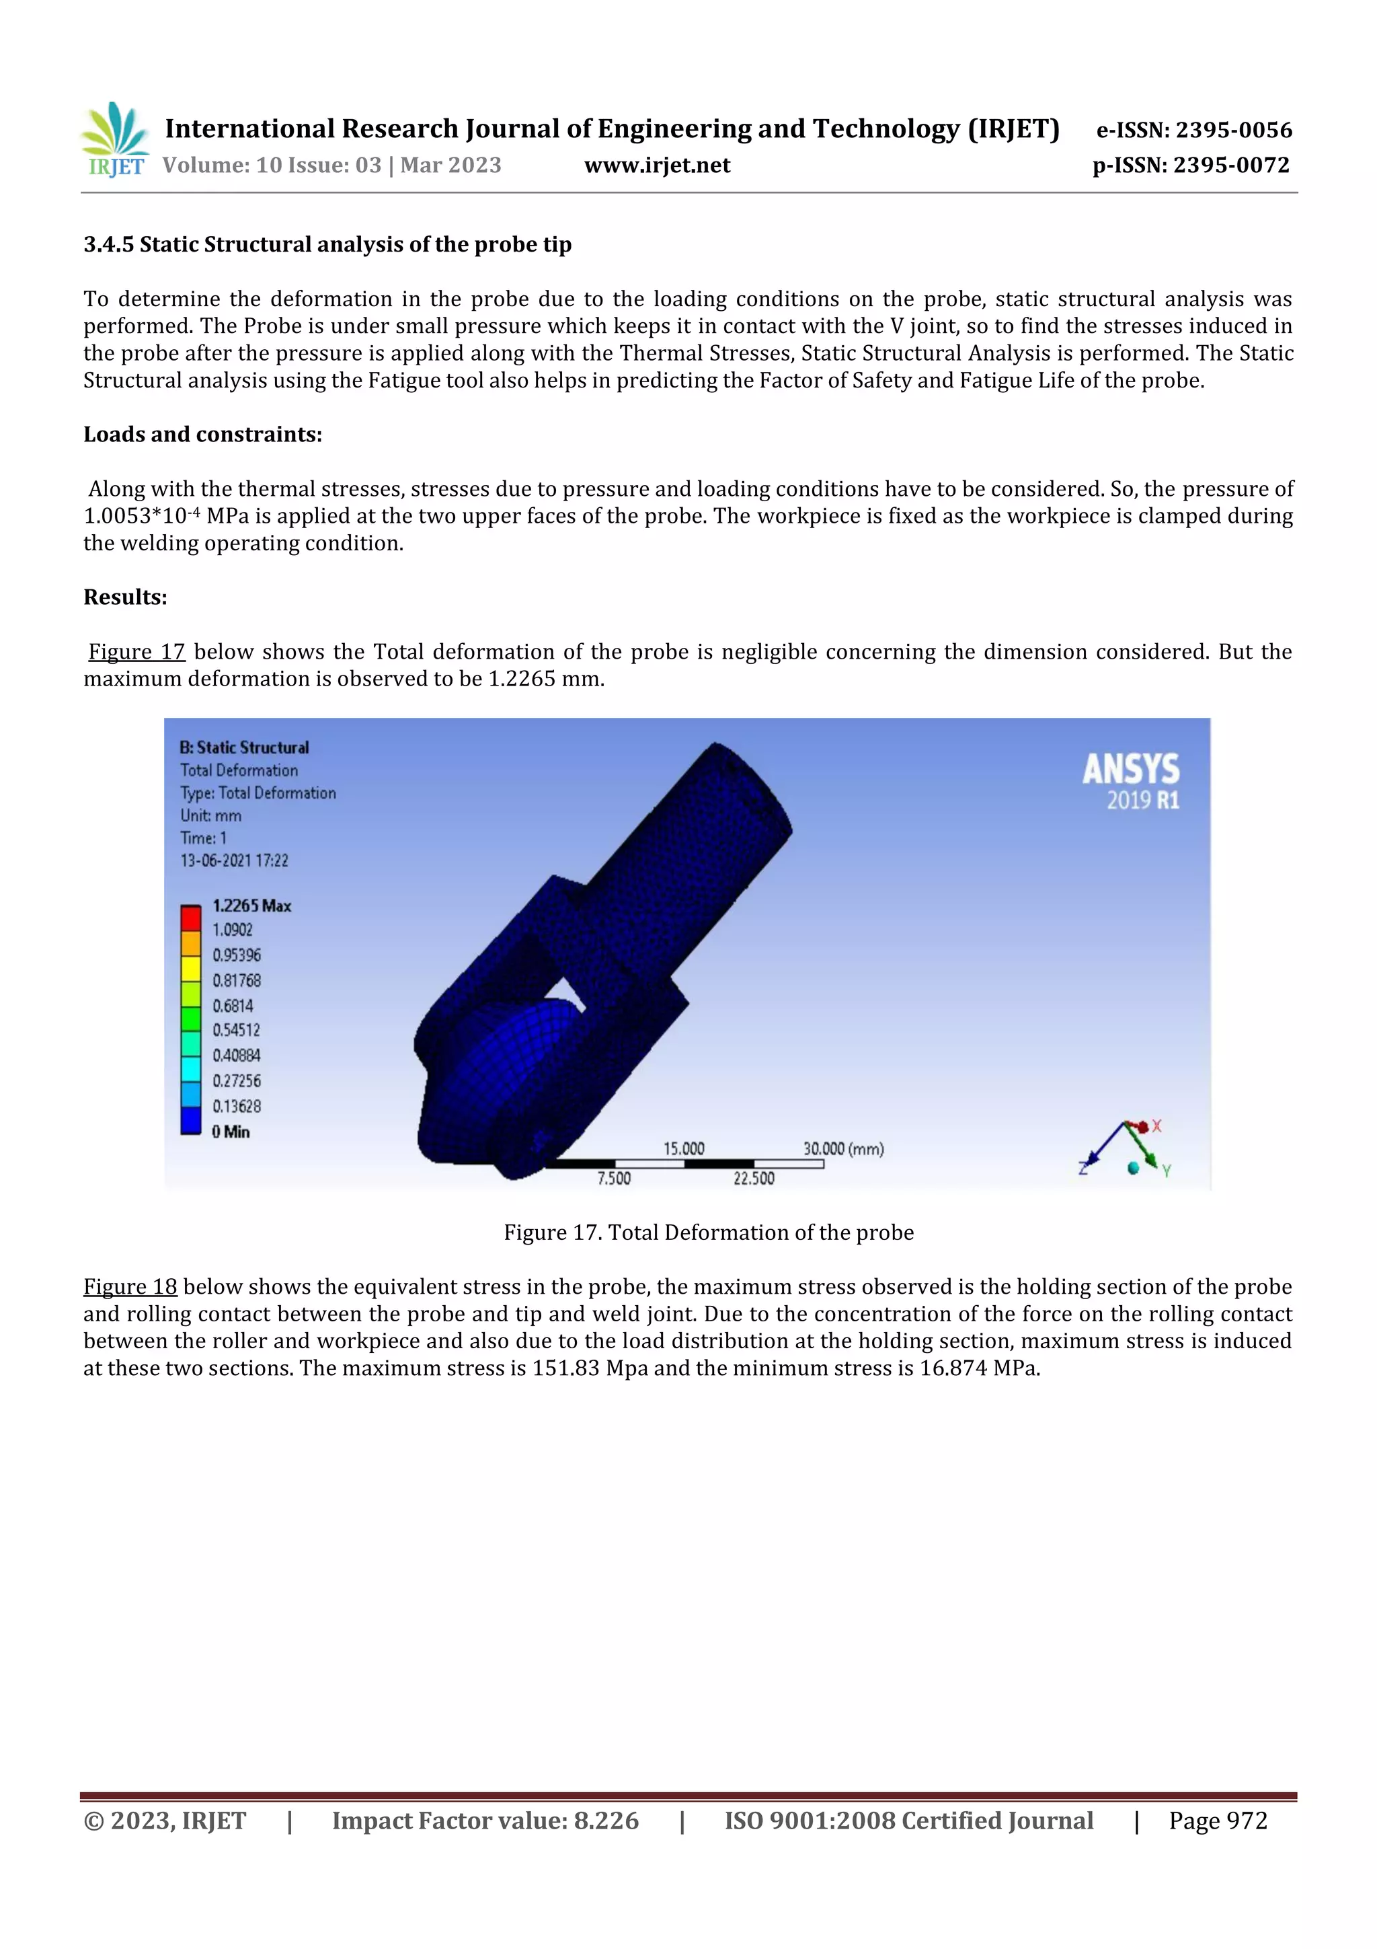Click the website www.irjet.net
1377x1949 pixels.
[x=657, y=166]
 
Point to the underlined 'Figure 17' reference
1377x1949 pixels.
[x=136, y=652]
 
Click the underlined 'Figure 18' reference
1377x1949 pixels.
[x=130, y=1287]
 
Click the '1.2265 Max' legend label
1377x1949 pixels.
[x=251, y=906]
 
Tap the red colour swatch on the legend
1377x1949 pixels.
[x=190, y=918]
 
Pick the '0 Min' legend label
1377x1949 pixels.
[x=231, y=1132]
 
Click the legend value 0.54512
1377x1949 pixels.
[x=236, y=1031]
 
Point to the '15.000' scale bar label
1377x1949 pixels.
[x=683, y=1148]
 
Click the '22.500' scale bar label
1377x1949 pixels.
[x=754, y=1178]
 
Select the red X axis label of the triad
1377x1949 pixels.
[x=1156, y=1126]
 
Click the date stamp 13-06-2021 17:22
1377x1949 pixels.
[x=234, y=860]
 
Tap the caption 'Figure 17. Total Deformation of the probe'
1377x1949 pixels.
[x=709, y=1233]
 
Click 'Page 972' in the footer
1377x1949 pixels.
[x=1218, y=1821]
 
